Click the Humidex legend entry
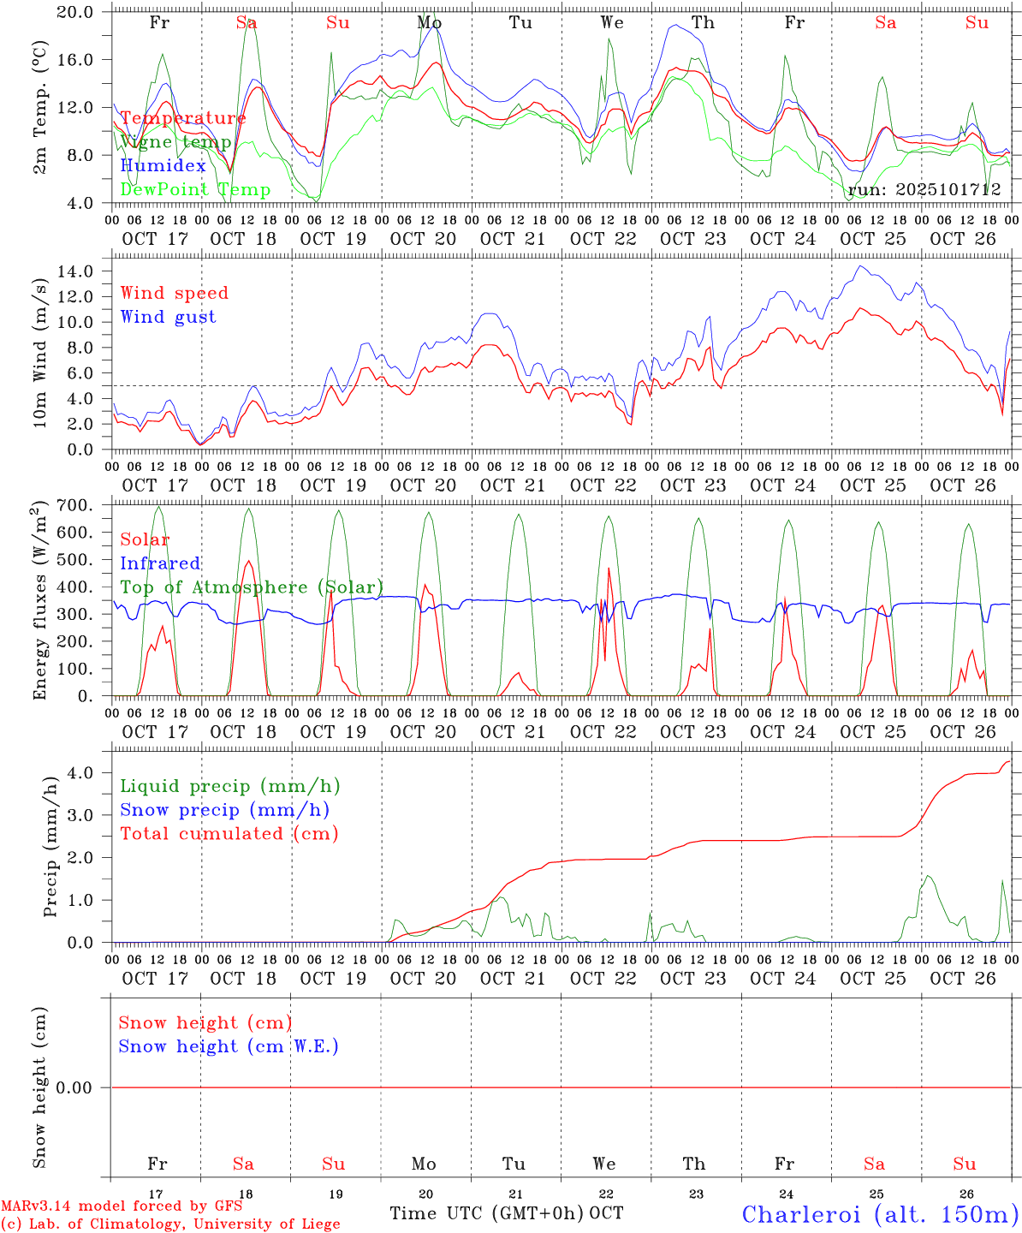(x=163, y=166)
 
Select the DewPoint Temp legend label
(x=195, y=190)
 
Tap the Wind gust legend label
(x=168, y=317)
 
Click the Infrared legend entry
(x=160, y=563)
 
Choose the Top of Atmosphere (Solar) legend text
(x=252, y=587)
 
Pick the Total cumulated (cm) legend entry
(x=229, y=833)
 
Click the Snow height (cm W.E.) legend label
(x=229, y=1046)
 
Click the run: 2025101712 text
(x=924, y=190)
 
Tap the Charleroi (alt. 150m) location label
(x=881, y=1214)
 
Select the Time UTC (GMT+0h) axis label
(x=486, y=1213)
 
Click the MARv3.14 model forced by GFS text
(x=122, y=1206)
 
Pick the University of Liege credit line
(x=170, y=1224)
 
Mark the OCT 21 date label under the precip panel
(x=513, y=979)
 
